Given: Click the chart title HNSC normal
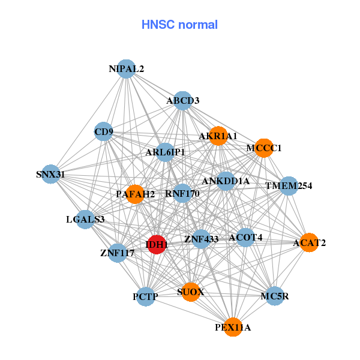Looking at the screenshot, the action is pyautogui.click(x=179, y=25).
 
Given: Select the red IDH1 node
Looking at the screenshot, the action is pyautogui.click(x=157, y=245).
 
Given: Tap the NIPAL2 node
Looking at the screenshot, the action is pyautogui.click(x=126, y=69).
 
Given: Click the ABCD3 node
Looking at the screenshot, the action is pyautogui.click(x=183, y=101).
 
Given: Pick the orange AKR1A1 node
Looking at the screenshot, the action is pyautogui.click(x=218, y=136).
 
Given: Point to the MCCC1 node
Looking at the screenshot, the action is pyautogui.click(x=264, y=148).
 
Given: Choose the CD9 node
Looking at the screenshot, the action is pyautogui.click(x=104, y=131).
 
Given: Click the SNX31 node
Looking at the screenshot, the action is pyautogui.click(x=50, y=175).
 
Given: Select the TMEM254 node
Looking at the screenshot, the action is pyautogui.click(x=289, y=186).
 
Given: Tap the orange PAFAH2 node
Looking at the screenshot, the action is pyautogui.click(x=136, y=194).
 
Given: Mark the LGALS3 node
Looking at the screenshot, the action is pyautogui.click(x=85, y=220).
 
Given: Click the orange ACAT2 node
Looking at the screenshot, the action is pyautogui.click(x=309, y=243).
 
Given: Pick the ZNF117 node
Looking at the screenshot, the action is pyautogui.click(x=118, y=253).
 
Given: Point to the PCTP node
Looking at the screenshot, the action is pyautogui.click(x=146, y=296).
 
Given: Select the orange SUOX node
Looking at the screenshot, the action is pyautogui.click(x=191, y=292).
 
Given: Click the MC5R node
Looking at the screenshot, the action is pyautogui.click(x=275, y=296).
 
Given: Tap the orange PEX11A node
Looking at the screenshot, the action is pyautogui.click(x=233, y=328).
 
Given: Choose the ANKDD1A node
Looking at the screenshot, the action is pyautogui.click(x=226, y=181).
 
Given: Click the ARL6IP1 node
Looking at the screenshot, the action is pyautogui.click(x=165, y=152).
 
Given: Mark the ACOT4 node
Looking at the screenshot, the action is pyautogui.click(x=245, y=238).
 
